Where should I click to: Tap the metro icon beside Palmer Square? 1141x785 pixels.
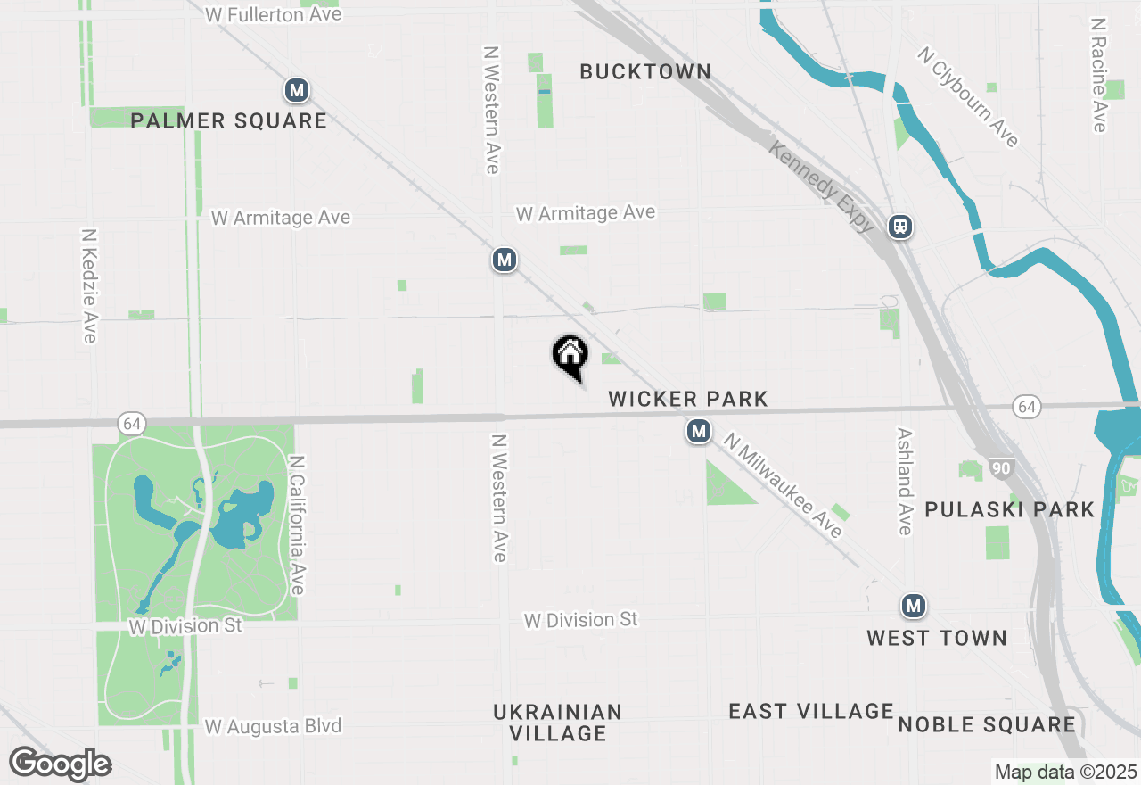point(297,90)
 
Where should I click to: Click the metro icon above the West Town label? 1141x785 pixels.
point(913,607)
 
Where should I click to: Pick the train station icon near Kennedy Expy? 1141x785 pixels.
point(900,227)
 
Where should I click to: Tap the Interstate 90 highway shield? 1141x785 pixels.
point(1003,467)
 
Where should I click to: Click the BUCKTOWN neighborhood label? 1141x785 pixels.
point(645,71)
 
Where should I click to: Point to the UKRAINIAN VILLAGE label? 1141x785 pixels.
point(558,723)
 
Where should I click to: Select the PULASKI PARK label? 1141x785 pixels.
point(1009,509)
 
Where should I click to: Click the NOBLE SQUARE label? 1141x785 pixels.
point(986,724)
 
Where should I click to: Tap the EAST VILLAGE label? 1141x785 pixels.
point(811,711)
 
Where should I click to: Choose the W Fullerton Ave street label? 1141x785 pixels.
point(274,14)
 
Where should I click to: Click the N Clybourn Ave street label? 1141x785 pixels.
point(968,97)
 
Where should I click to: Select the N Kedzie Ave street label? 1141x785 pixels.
point(89,285)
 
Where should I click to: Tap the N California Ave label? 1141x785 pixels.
point(297,525)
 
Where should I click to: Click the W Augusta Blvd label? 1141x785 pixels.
point(273,726)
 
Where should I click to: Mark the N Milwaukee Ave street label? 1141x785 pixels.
point(782,485)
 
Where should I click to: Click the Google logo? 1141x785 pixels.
point(60,764)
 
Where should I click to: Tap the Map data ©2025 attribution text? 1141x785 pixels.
point(1065,772)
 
